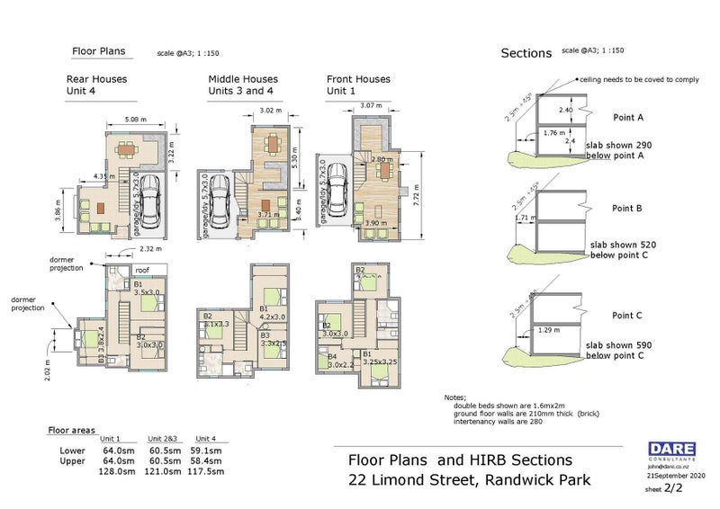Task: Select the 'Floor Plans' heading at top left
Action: coord(98,51)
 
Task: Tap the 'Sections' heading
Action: coord(526,53)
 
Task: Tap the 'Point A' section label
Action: coord(627,117)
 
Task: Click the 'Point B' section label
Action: coord(626,208)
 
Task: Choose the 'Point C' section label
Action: coord(626,316)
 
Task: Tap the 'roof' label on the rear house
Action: coord(142,269)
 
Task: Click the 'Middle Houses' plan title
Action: coord(243,79)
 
